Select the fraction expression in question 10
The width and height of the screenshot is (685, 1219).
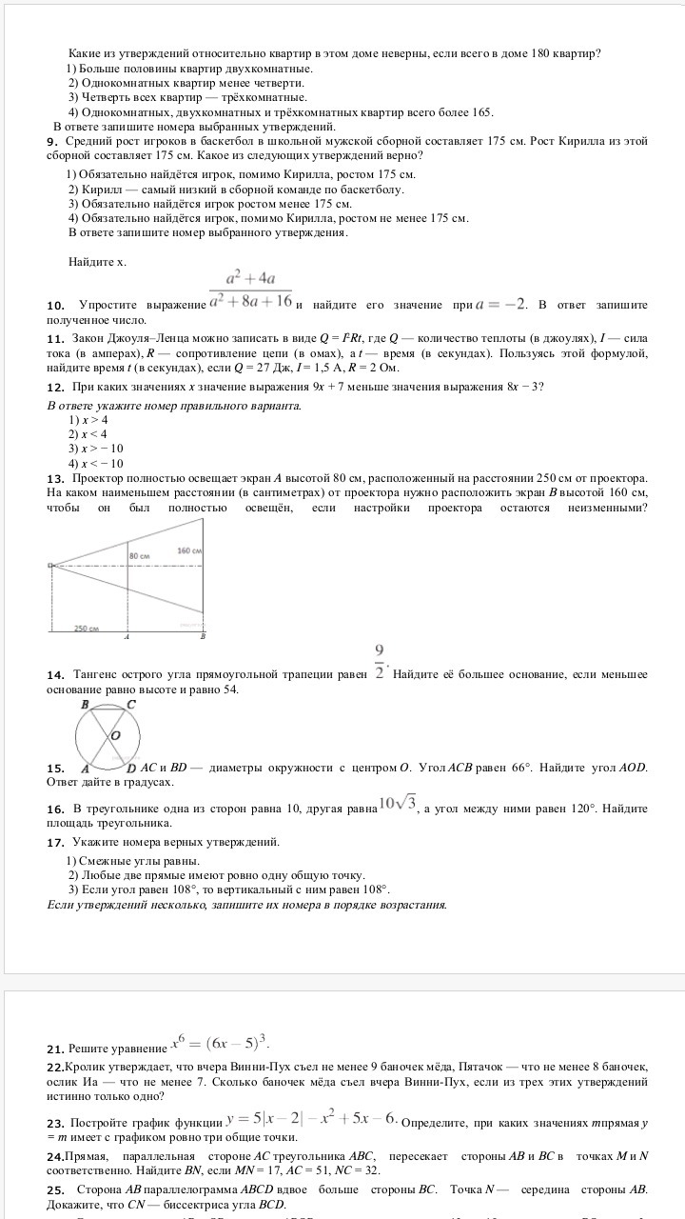coord(251,288)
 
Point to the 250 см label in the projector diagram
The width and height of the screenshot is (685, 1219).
coord(88,629)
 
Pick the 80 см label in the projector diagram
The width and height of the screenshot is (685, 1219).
coord(140,554)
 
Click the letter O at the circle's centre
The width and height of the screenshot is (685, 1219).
coord(115,736)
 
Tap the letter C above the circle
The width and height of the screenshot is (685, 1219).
coord(131,705)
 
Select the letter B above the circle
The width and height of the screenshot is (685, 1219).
coord(86,705)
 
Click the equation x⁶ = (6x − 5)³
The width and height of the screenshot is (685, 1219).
coord(225,1041)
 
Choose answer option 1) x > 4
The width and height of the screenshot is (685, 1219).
coord(88,420)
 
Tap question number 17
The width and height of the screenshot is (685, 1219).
coord(55,843)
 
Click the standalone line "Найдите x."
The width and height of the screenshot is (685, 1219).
coord(97,261)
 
